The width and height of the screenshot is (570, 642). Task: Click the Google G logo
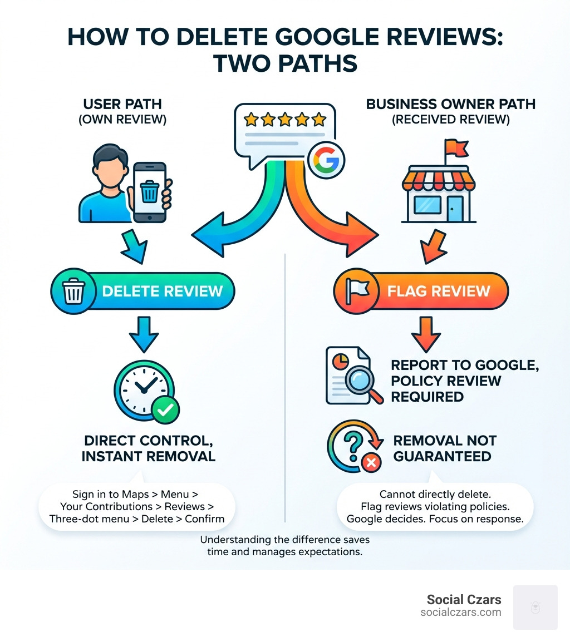pos(326,161)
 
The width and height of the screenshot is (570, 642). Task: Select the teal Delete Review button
pos(142,291)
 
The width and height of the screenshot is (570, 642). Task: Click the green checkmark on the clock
pos(165,411)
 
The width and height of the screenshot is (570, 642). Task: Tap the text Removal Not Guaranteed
pos(445,448)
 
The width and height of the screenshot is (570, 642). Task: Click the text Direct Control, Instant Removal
pos(148,448)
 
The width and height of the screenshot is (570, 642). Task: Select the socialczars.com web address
pos(460,613)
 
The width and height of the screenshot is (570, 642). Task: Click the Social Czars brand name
pos(464,599)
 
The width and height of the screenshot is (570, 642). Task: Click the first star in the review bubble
pos(251,119)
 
